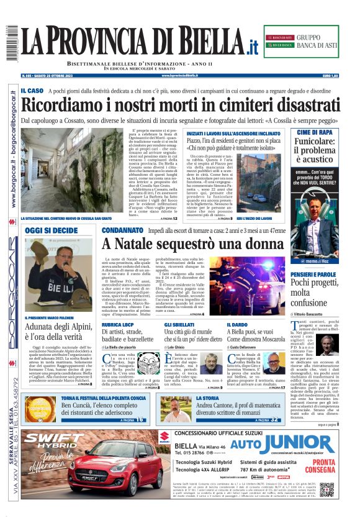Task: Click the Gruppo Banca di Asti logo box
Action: pos(301,41)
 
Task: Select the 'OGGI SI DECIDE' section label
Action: pos(52,230)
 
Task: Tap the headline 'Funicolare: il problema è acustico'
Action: pos(315,153)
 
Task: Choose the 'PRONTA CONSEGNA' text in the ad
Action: pos(324,466)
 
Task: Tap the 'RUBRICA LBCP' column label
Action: pos(119,325)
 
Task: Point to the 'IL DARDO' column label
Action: pos(237,325)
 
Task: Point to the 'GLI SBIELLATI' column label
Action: pos(179,325)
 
